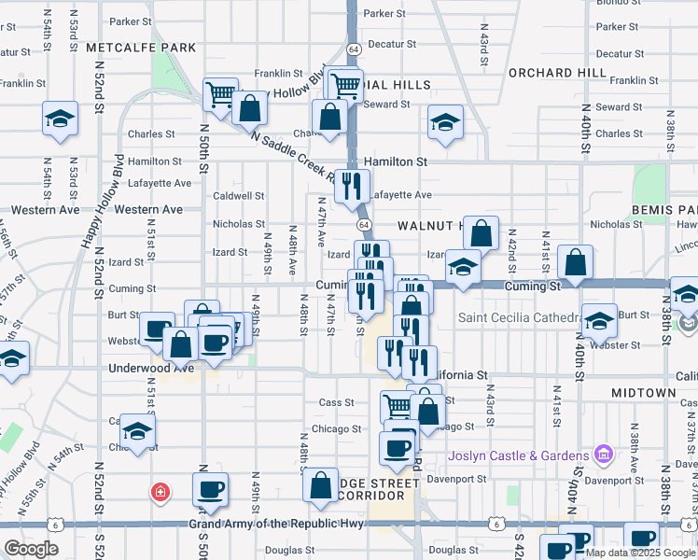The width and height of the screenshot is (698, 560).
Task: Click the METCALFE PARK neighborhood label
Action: click(x=140, y=47)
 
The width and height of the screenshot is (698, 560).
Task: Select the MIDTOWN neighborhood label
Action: click(x=643, y=394)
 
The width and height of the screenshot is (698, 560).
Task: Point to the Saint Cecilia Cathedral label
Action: click(x=518, y=318)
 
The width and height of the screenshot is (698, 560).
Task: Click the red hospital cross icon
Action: click(x=161, y=491)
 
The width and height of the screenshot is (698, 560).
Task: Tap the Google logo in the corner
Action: click(x=31, y=549)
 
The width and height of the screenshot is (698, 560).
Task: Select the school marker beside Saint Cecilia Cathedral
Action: click(x=599, y=318)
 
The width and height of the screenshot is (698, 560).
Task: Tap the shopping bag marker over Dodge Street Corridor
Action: click(x=320, y=484)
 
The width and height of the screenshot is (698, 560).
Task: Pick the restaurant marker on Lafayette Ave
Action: click(x=352, y=185)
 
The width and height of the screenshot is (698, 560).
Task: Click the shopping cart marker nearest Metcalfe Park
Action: click(x=220, y=92)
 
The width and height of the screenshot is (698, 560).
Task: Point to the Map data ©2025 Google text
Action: click(x=641, y=553)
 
